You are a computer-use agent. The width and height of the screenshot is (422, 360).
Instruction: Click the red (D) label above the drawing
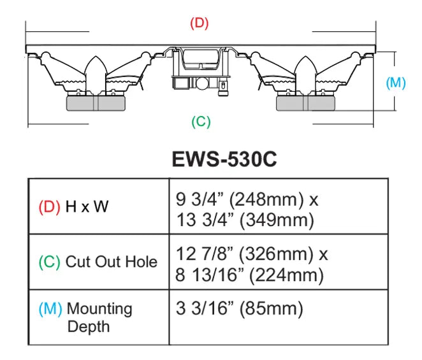(200, 24)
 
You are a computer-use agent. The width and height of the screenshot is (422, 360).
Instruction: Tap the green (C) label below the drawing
(201, 122)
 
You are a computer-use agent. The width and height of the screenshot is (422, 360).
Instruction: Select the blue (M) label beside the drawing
(396, 83)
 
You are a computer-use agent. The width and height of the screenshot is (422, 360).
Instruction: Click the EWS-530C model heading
(224, 159)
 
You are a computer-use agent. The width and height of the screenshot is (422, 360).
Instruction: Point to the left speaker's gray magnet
(98, 101)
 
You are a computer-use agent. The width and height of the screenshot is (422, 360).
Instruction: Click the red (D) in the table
(49, 207)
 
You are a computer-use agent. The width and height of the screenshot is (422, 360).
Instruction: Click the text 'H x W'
(86, 207)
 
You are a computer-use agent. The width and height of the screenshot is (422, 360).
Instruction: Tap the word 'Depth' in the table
(88, 327)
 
